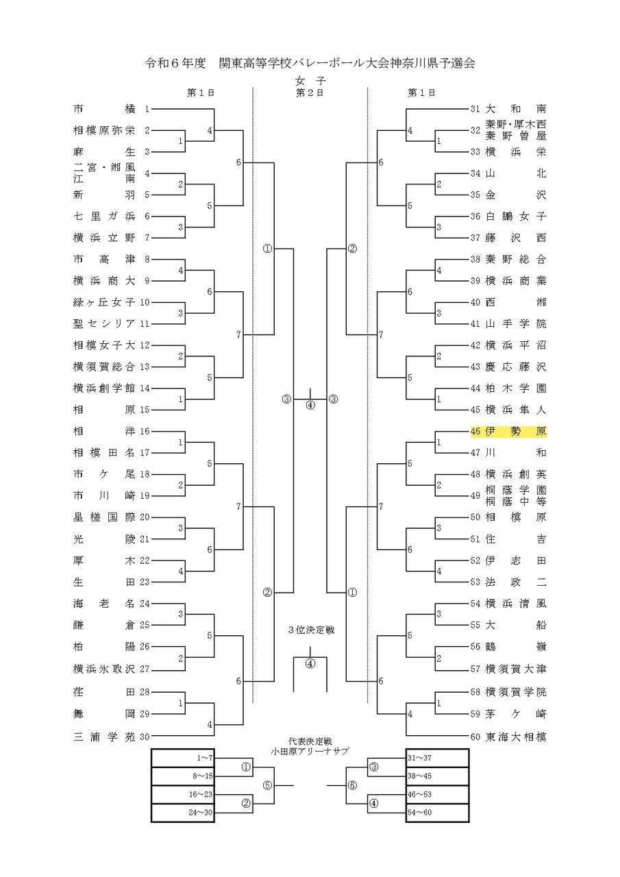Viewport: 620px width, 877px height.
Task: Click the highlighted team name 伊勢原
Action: click(516, 432)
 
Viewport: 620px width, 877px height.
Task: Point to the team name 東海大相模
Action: click(516, 737)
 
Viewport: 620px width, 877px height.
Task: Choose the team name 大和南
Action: click(516, 109)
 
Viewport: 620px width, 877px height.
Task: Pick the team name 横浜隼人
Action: click(516, 410)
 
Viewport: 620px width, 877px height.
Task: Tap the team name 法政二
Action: click(516, 582)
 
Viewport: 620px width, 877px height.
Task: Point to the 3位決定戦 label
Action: click(310, 629)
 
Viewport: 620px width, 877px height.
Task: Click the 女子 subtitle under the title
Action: click(310, 81)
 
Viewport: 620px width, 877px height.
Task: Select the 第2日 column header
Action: click(310, 92)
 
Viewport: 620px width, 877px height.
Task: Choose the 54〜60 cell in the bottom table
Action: click(438, 813)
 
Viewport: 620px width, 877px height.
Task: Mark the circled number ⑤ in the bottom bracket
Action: click(266, 786)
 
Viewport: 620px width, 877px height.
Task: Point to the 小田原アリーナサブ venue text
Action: click(310, 751)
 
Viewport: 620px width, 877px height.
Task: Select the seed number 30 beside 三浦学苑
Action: click(145, 737)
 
